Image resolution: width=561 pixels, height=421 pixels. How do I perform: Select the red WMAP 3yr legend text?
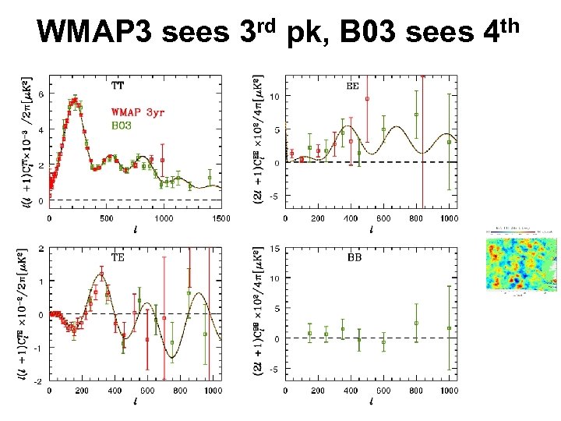pyautogui.click(x=138, y=111)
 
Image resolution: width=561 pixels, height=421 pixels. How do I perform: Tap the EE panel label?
pyautogui.click(x=352, y=87)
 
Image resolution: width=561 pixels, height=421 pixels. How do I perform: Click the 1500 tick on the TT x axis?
pyautogui.click(x=221, y=219)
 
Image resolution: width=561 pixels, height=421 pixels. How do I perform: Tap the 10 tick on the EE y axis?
pyautogui.click(x=275, y=97)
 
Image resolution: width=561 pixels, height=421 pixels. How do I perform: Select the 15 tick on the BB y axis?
pyautogui.click(x=275, y=249)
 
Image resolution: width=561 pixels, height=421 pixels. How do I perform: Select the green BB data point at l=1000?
pyautogui.click(x=449, y=328)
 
